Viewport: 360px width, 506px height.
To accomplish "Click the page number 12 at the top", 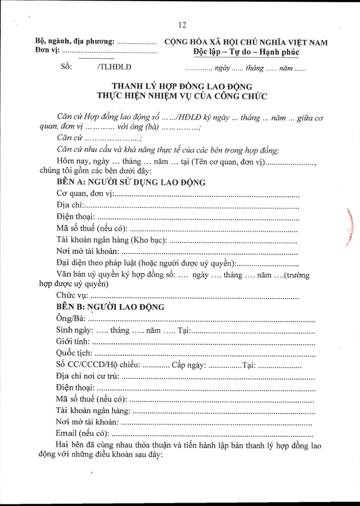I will click(x=181, y=25).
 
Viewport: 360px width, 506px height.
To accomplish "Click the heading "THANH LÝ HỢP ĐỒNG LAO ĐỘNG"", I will click(x=182, y=86).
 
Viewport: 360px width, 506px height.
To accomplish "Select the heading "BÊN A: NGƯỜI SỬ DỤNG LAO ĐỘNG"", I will click(x=131, y=183).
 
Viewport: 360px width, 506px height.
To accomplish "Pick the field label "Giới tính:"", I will click(x=74, y=342).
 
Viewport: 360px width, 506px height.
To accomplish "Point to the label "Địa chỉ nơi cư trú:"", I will click(x=88, y=376).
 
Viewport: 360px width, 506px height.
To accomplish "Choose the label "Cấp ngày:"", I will click(x=190, y=365).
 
